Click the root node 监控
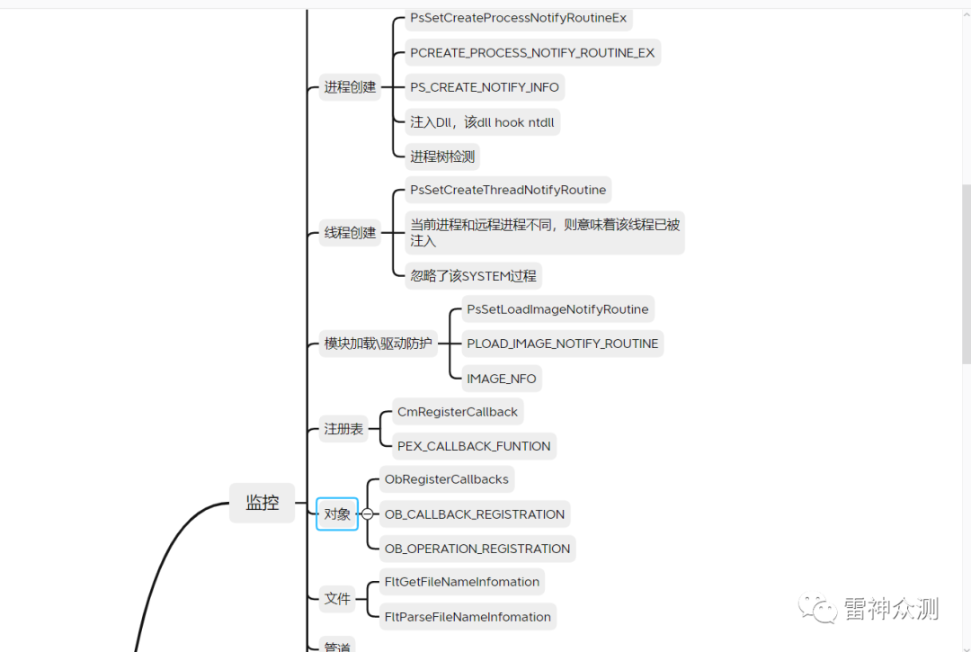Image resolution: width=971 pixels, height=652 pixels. [x=262, y=504]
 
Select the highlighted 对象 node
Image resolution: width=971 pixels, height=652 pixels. [x=337, y=514]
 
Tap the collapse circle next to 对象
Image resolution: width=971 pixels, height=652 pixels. [x=367, y=514]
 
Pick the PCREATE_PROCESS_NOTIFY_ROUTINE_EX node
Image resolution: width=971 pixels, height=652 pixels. [x=532, y=53]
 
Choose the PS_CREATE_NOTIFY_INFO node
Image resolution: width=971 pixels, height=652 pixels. [x=485, y=87]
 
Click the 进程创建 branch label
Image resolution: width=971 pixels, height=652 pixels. [x=350, y=87]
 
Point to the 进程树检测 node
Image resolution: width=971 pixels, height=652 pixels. [x=442, y=156]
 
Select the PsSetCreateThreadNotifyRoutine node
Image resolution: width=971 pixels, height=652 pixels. [x=508, y=190]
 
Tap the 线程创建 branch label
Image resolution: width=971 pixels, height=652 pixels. [x=350, y=233]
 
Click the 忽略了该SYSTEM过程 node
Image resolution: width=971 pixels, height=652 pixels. [x=473, y=276]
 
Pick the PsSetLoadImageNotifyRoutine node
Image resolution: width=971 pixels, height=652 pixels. [x=557, y=309]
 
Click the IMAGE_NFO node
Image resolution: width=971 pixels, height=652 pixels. [x=502, y=379]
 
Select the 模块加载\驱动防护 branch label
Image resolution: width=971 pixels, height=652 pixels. [x=378, y=344]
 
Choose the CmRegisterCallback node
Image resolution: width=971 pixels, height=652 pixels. [x=458, y=412]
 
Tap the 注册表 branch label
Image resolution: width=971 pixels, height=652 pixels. [x=343, y=429]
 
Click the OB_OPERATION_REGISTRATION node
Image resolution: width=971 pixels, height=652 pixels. [x=477, y=549]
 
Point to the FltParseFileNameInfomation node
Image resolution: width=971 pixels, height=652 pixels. [x=468, y=617]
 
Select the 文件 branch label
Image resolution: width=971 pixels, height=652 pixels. [x=337, y=599]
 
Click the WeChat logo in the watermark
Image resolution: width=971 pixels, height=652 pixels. [x=820, y=609]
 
